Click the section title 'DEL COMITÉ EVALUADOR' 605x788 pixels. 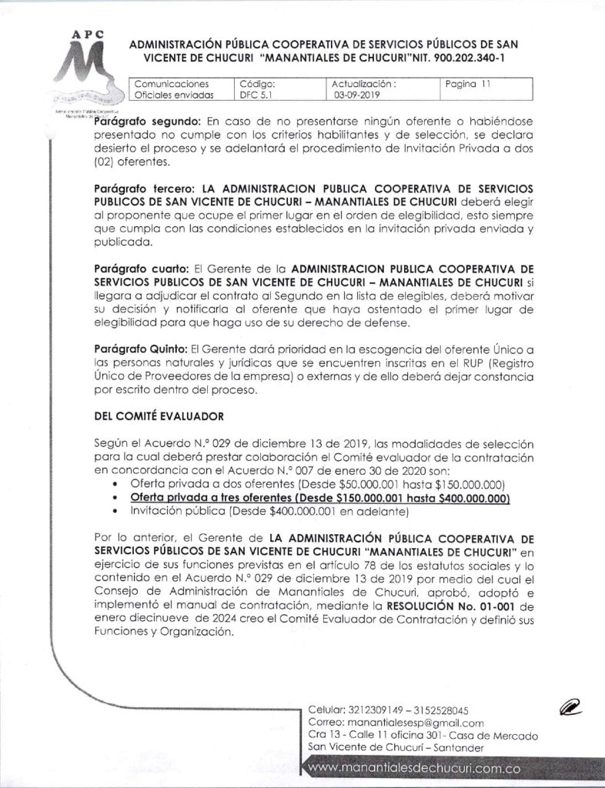pyautogui.click(x=159, y=416)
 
